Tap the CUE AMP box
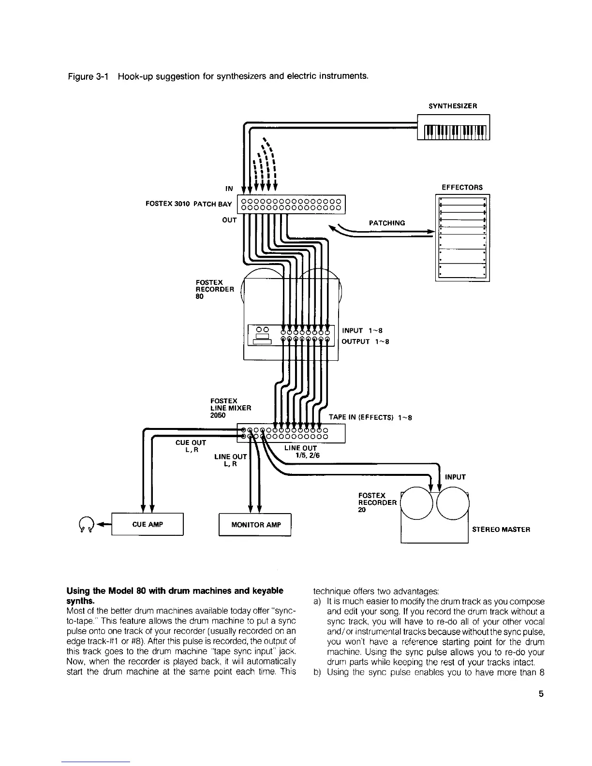[148, 524]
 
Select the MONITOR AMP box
[255, 525]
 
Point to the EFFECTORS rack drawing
[462, 237]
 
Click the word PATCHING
[386, 223]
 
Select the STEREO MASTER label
[501, 529]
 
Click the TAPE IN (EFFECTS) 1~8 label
[370, 418]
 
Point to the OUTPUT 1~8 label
[366, 342]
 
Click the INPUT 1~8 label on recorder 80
[362, 331]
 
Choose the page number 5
[541, 694]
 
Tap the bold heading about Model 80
[174, 596]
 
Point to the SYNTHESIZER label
[453, 105]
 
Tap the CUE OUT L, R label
[191, 446]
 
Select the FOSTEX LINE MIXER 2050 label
[231, 408]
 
